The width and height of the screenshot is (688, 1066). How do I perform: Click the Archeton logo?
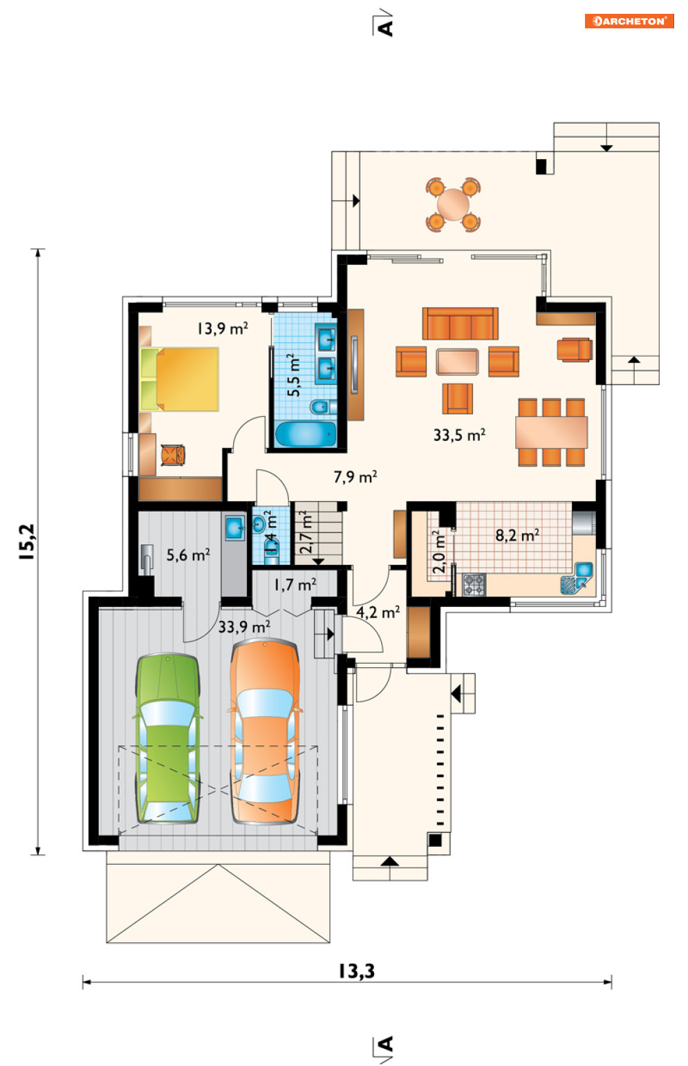[629, 21]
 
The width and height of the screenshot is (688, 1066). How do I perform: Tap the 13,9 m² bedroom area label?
[223, 328]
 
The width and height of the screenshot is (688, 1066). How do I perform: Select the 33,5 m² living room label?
[459, 435]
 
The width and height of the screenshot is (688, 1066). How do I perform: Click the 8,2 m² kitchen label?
[517, 535]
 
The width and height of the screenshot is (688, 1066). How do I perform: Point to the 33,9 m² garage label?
[244, 627]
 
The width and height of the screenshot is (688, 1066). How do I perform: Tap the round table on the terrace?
[454, 205]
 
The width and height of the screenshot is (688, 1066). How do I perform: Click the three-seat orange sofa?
[460, 323]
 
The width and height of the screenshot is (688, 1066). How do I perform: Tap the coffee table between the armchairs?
[457, 362]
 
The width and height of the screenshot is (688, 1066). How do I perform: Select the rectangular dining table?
[551, 432]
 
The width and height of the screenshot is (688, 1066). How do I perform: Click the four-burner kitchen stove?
[474, 585]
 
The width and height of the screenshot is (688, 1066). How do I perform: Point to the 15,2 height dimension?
[27, 541]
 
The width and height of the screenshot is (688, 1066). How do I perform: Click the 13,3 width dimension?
[357, 971]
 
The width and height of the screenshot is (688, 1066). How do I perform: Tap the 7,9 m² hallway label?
[355, 477]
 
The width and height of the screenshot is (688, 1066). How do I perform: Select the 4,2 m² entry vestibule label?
[378, 612]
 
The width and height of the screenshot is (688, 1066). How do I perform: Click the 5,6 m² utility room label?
[188, 555]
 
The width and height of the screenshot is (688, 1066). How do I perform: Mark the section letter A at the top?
[385, 28]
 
